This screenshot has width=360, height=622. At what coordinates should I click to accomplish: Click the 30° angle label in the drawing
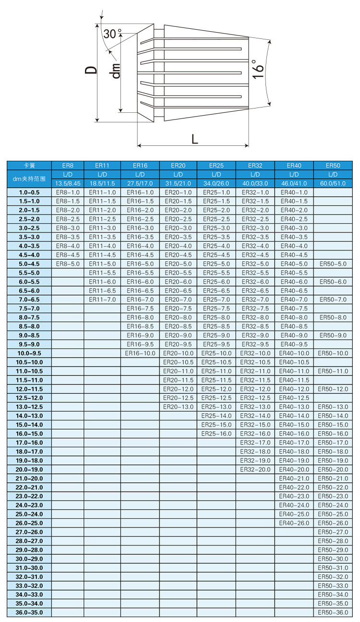[x=112, y=34]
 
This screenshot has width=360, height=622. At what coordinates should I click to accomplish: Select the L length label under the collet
[x=194, y=139]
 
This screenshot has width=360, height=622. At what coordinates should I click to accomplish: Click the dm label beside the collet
[x=115, y=71]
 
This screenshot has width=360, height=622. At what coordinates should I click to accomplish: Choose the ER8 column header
[x=68, y=166]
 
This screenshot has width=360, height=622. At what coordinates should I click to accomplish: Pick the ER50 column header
[x=333, y=166]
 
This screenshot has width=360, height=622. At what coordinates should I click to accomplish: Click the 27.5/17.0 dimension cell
[x=140, y=183]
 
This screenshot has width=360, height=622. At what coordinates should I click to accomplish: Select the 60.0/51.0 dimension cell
[x=333, y=183]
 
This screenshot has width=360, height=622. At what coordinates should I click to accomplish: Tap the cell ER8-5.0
[x=68, y=264]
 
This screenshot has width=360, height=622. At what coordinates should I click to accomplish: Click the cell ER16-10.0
[x=140, y=353]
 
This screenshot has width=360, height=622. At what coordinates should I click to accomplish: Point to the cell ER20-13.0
[x=178, y=407]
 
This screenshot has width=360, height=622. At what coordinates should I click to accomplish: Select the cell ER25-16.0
[x=216, y=434]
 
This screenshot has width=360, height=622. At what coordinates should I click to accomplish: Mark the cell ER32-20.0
[x=255, y=469]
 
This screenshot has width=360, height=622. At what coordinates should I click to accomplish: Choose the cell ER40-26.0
[x=294, y=523]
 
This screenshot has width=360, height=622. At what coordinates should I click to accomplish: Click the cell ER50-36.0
[x=333, y=612]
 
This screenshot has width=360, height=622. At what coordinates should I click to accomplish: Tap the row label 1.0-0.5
[x=29, y=192]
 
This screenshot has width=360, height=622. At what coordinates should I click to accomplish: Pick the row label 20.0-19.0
[x=29, y=469]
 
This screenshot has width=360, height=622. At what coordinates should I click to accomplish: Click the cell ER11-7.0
[x=102, y=299]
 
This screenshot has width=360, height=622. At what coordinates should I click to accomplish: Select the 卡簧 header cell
[x=29, y=166]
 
